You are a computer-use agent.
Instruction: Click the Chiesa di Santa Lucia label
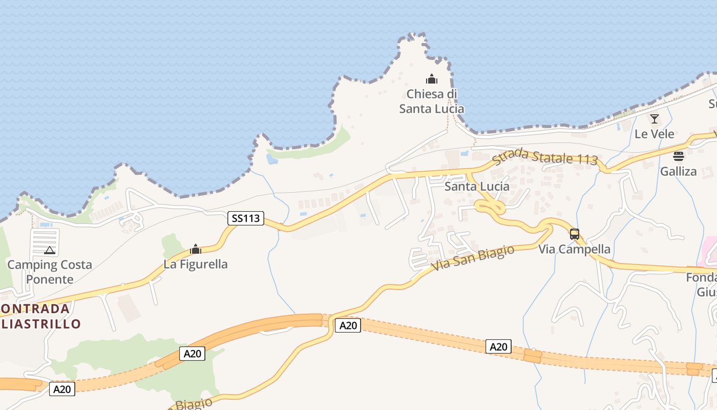pyautogui.click(x=432, y=101)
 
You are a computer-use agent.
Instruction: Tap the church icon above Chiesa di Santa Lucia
pyautogui.click(x=432, y=79)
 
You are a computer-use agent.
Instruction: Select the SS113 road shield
pyautogui.click(x=245, y=218)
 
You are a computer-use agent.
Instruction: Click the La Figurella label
pyautogui.click(x=196, y=264)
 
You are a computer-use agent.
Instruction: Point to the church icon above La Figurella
pyautogui.click(x=195, y=250)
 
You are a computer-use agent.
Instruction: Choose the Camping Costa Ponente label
pyautogui.click(x=50, y=272)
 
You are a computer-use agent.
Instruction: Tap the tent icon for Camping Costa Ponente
pyautogui.click(x=49, y=250)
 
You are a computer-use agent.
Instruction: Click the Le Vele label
pyautogui.click(x=655, y=134)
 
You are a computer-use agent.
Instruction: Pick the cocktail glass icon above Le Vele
pyautogui.click(x=655, y=119)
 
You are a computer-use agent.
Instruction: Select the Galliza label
pyautogui.click(x=679, y=172)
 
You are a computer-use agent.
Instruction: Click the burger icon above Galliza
pyautogui.click(x=679, y=156)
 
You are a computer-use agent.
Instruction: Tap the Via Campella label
pyautogui.click(x=574, y=250)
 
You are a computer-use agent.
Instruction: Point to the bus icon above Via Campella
pyautogui.click(x=575, y=234)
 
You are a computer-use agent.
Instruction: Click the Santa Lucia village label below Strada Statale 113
pyautogui.click(x=477, y=187)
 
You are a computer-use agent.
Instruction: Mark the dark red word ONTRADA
pyautogui.click(x=35, y=309)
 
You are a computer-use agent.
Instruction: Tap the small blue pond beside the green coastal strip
pyautogui.click(x=272, y=159)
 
